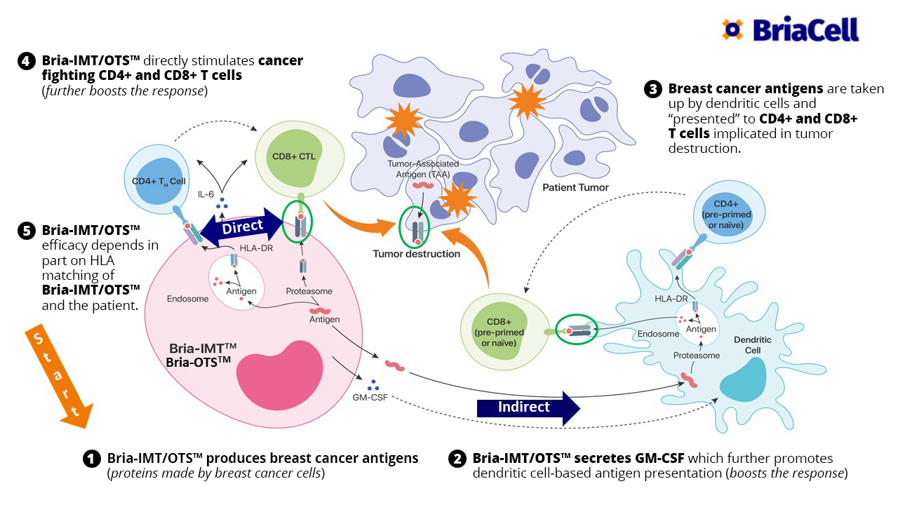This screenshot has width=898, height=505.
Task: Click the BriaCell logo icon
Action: (x=732, y=29)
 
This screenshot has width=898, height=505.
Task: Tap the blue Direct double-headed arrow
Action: (x=241, y=227)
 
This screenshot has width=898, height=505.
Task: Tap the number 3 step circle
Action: (x=652, y=89)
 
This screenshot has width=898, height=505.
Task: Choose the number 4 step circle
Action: (x=25, y=61)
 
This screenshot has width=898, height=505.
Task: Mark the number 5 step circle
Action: (x=25, y=231)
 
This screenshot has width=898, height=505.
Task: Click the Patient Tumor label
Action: (x=575, y=187)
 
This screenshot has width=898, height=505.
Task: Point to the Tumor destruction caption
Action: (x=417, y=254)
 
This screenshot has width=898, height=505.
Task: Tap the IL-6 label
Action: (x=206, y=193)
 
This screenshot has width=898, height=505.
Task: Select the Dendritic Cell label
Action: (x=752, y=344)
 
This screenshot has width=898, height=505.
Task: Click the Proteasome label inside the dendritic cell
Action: (x=697, y=356)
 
